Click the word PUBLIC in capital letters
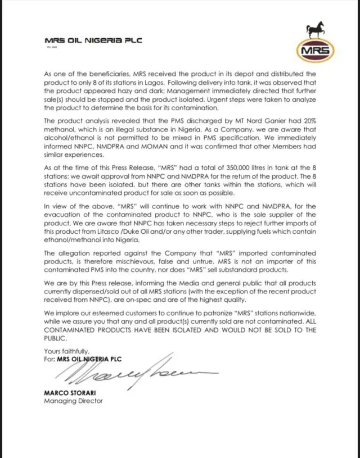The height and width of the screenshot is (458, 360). coord(55,339)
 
